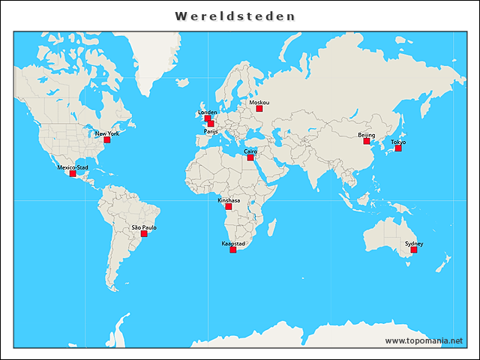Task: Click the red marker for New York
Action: (x=107, y=139)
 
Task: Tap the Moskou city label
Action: (x=259, y=102)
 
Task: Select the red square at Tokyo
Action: (x=398, y=148)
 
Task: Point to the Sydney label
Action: (x=414, y=244)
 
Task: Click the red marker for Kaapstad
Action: (x=233, y=250)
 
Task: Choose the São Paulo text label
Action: (x=144, y=226)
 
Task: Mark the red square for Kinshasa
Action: (x=229, y=207)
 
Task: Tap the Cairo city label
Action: (x=250, y=151)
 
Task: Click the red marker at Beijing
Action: (x=367, y=141)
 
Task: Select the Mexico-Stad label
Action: (x=73, y=167)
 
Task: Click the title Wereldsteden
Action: (x=235, y=16)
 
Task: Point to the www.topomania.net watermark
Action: (x=424, y=341)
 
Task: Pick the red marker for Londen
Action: (x=207, y=118)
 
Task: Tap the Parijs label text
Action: (x=210, y=130)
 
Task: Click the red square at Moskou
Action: (x=259, y=109)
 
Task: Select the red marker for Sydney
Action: (x=414, y=250)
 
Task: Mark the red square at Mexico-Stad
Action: (x=73, y=174)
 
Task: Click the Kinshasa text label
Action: (x=229, y=201)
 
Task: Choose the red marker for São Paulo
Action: (x=145, y=233)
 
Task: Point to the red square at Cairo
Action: (x=250, y=157)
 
